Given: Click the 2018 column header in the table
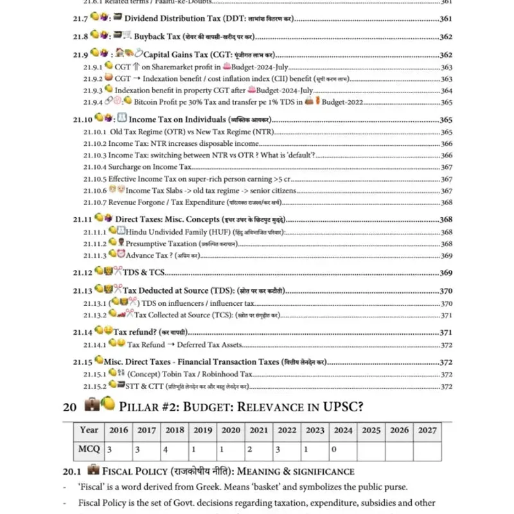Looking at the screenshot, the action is pos(174,430).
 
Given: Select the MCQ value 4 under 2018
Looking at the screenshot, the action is pos(166,450).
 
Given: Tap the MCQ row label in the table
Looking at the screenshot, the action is pos(89,450).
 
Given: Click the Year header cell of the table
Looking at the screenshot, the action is pos(89,430).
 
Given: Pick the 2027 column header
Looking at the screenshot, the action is pos(427,430).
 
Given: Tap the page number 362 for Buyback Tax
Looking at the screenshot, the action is pos(446,37).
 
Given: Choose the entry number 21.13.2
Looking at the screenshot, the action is pos(94,315).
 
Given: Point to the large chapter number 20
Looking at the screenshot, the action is pos(70,406).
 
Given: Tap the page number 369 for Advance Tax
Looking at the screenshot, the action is pos(447,256).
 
